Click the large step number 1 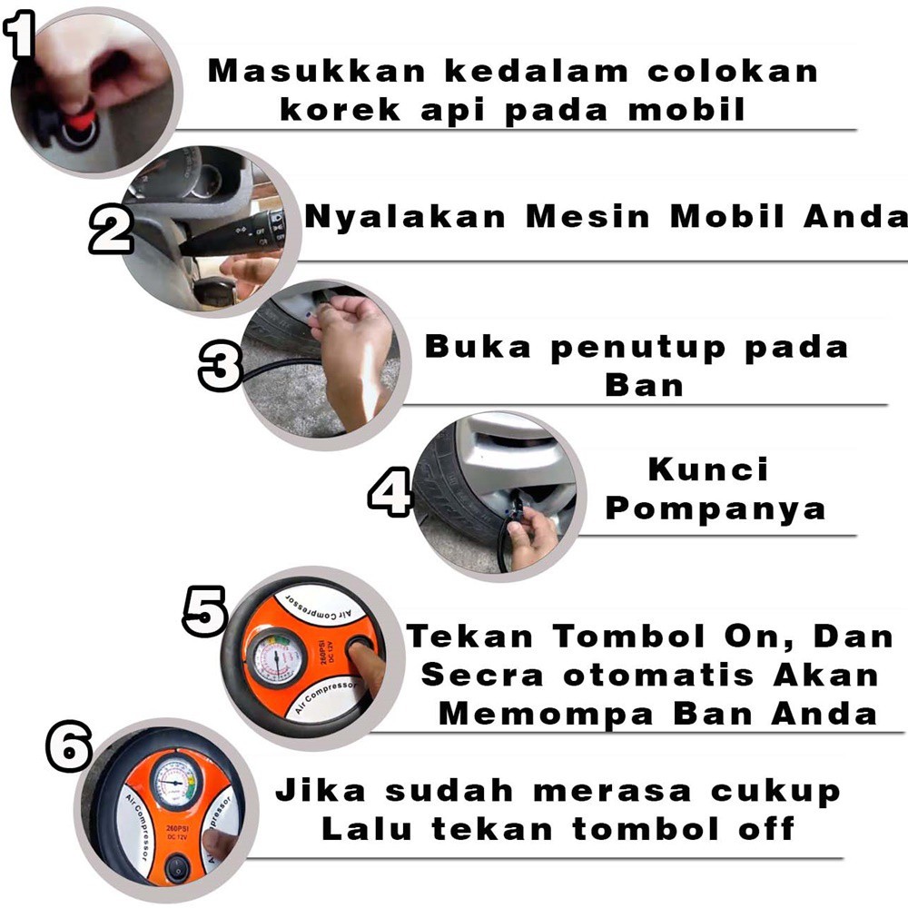19,35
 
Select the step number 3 221,365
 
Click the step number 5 205,609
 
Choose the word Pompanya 716,508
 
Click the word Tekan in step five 470,636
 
